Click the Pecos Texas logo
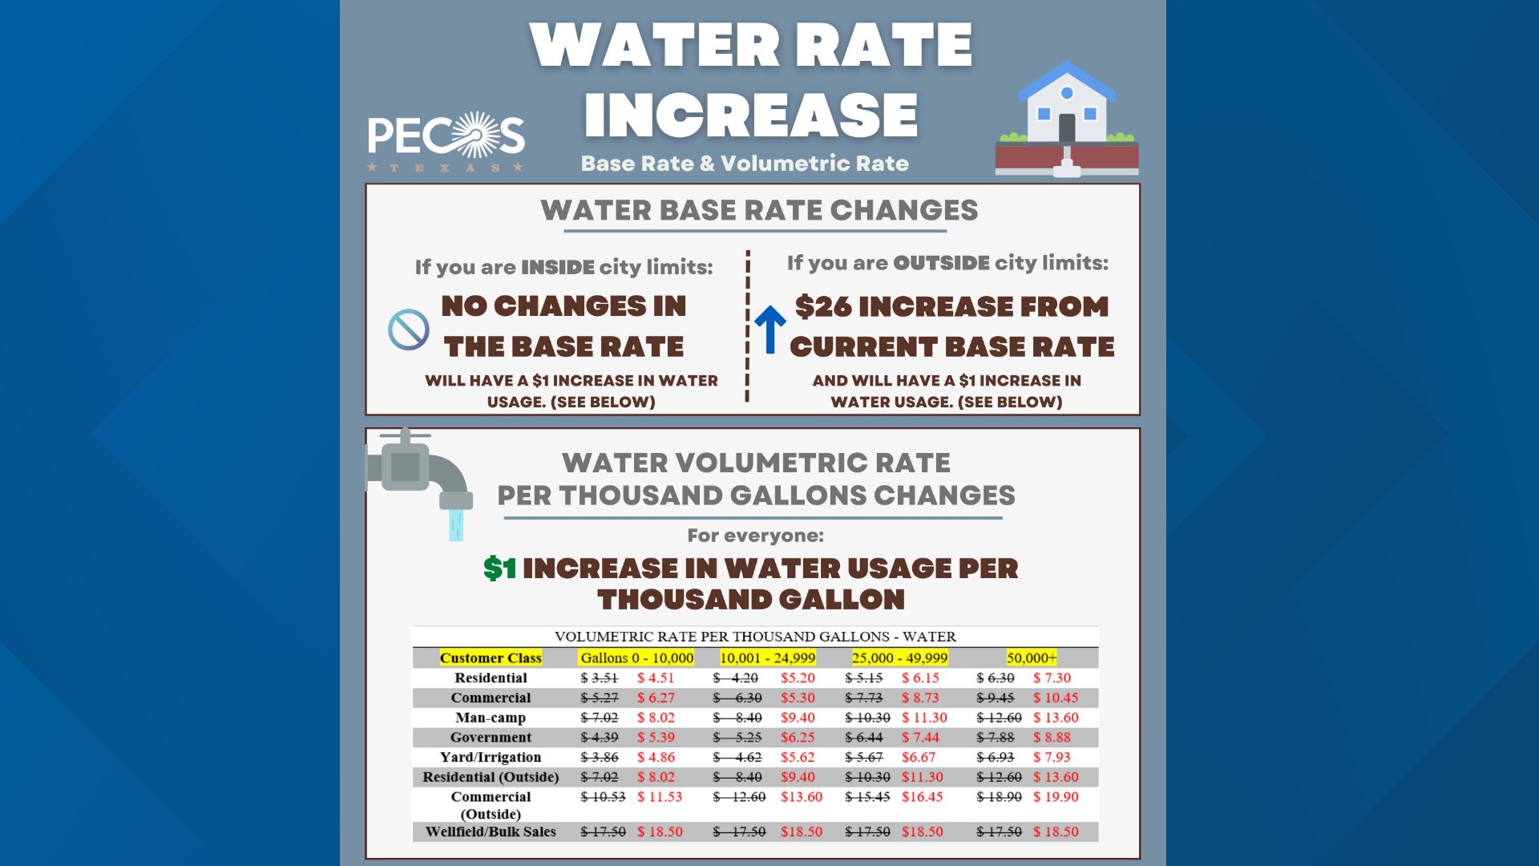(x=446, y=140)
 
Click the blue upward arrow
(x=770, y=329)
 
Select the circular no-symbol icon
(x=408, y=330)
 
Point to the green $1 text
(x=499, y=569)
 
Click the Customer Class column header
(x=491, y=658)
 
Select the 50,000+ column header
(x=1032, y=658)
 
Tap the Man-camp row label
(x=491, y=718)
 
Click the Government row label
(x=491, y=737)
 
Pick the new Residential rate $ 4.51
(x=656, y=678)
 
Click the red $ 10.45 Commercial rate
(x=1056, y=698)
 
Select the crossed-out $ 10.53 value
(x=603, y=797)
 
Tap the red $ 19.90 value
(x=1056, y=797)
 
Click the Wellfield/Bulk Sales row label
(x=491, y=832)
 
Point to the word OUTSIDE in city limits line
(x=941, y=263)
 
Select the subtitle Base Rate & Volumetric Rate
(x=745, y=164)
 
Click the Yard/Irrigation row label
(x=491, y=757)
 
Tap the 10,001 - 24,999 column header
(x=767, y=658)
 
